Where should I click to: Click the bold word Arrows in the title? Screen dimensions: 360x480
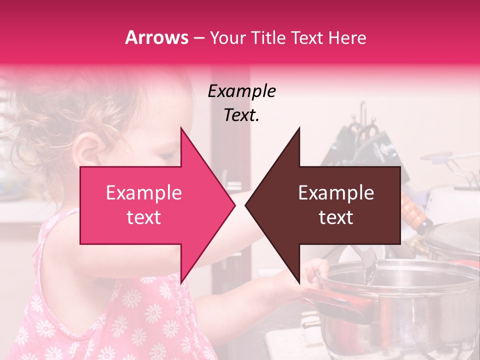157,37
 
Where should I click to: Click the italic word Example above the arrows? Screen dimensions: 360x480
241,91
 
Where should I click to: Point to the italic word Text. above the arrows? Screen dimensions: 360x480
241,115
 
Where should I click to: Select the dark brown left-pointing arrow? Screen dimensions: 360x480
330,205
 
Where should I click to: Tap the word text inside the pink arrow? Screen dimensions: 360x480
143,217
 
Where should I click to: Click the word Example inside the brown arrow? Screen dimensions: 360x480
336,193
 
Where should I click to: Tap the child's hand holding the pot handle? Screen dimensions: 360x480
312,272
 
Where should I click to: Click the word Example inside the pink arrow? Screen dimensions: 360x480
143,193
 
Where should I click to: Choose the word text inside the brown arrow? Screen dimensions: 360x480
336,217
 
